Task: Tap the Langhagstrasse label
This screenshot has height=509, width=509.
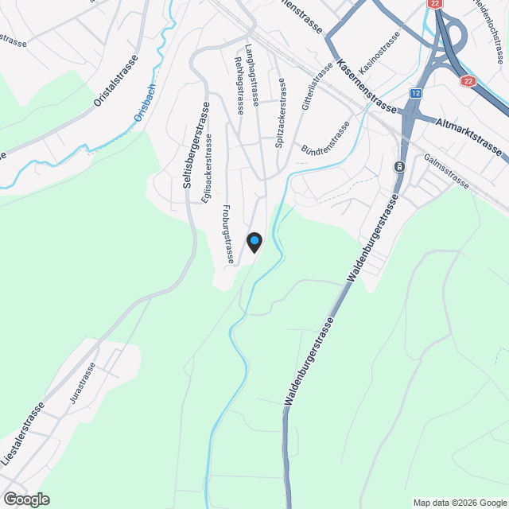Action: click(253, 75)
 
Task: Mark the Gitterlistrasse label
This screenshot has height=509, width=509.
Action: click(316, 86)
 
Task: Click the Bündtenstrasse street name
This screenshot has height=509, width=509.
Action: click(325, 139)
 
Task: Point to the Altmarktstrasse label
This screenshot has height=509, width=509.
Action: click(469, 136)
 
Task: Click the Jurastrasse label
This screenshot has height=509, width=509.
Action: click(83, 385)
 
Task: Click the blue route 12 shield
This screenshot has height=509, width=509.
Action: click(416, 93)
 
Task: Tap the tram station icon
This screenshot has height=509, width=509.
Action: click(398, 167)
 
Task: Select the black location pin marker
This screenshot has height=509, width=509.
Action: click(254, 242)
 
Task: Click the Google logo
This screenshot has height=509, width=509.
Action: click(26, 499)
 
